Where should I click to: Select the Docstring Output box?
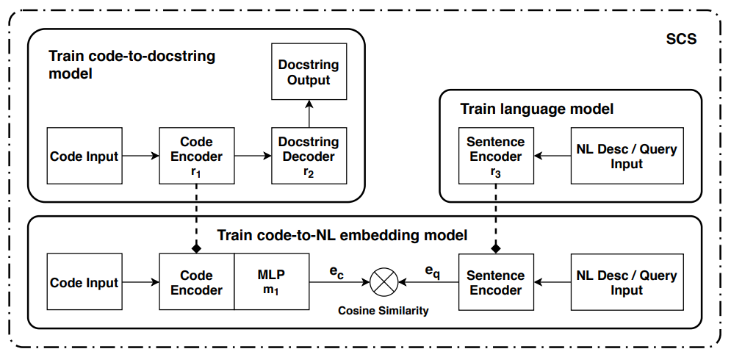coord(309,72)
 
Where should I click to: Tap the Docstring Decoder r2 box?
coord(309,155)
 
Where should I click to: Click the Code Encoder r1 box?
coord(196,155)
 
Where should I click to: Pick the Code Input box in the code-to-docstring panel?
coord(84,156)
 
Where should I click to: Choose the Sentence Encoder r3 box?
coord(496,155)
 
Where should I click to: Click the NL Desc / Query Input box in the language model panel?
coord(627,155)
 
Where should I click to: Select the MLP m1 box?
coord(272,282)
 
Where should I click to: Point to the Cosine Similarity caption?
coord(383,311)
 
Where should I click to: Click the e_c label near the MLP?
coord(337,272)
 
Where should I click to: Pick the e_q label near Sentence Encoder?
coord(433,272)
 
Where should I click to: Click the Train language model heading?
coord(537,109)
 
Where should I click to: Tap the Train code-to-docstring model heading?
coord(132,65)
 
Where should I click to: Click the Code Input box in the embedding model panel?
coord(84,282)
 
